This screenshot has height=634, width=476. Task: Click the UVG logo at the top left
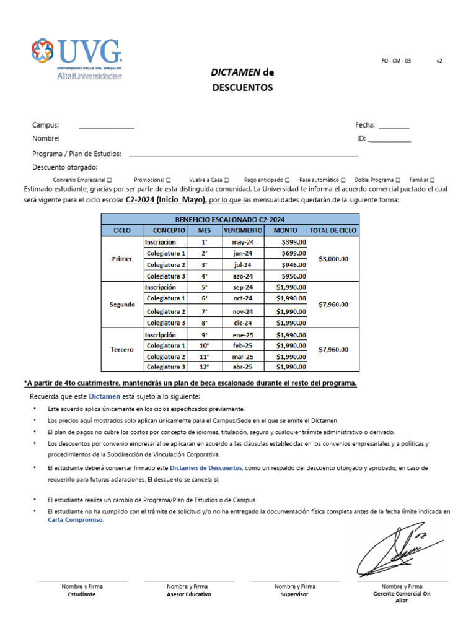pyautogui.click(x=77, y=58)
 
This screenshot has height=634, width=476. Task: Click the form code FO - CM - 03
pyautogui.click(x=395, y=61)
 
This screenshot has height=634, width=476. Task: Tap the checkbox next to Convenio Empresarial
pyautogui.click(x=109, y=180)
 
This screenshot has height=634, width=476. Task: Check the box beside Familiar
pyautogui.click(x=432, y=180)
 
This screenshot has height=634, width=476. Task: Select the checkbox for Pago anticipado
pyautogui.click(x=287, y=180)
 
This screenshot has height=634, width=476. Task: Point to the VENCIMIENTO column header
pyautogui.click(x=243, y=230)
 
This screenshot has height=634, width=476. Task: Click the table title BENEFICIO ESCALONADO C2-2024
pyautogui.click(x=229, y=219)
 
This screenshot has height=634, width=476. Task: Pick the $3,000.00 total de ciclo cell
pyautogui.click(x=333, y=259)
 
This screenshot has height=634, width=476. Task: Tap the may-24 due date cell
pyautogui.click(x=243, y=241)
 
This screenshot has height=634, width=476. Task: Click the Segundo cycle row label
pyautogui.click(x=122, y=305)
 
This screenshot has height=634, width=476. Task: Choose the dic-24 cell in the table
pyautogui.click(x=243, y=323)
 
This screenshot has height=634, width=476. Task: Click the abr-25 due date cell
pyautogui.click(x=243, y=367)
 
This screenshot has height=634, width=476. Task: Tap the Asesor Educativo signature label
pyautogui.click(x=188, y=594)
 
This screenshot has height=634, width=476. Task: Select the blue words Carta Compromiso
pyautogui.click(x=76, y=520)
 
